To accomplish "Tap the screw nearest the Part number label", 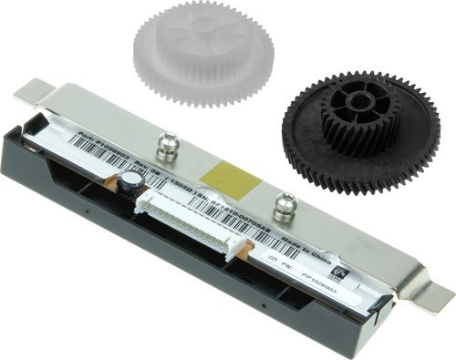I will point(166,144).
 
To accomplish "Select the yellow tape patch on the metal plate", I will point(223,177).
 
